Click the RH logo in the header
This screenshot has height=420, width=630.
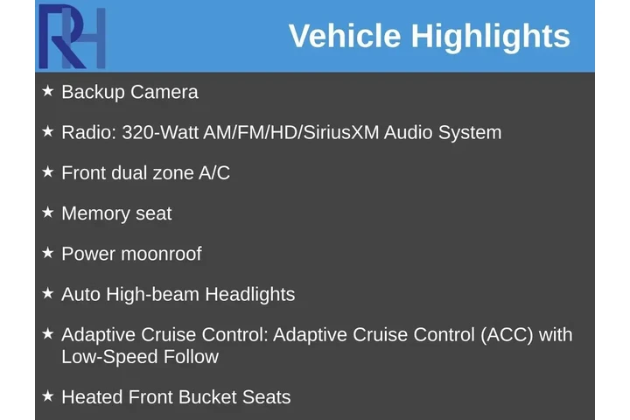pyautogui.click(x=72, y=37)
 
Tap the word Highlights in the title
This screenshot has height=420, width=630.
pyautogui.click(x=491, y=37)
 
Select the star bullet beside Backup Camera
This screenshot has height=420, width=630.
pyautogui.click(x=48, y=91)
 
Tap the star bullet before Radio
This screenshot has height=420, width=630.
pyautogui.click(x=48, y=131)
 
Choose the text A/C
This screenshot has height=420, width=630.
pyautogui.click(x=214, y=172)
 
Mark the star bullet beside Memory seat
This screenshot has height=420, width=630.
pyautogui.click(x=48, y=213)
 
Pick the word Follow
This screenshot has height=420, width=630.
pyautogui.click(x=191, y=357)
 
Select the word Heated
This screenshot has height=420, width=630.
pyautogui.click(x=92, y=397)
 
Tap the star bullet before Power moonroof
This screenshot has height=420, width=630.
pyautogui.click(x=48, y=253)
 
